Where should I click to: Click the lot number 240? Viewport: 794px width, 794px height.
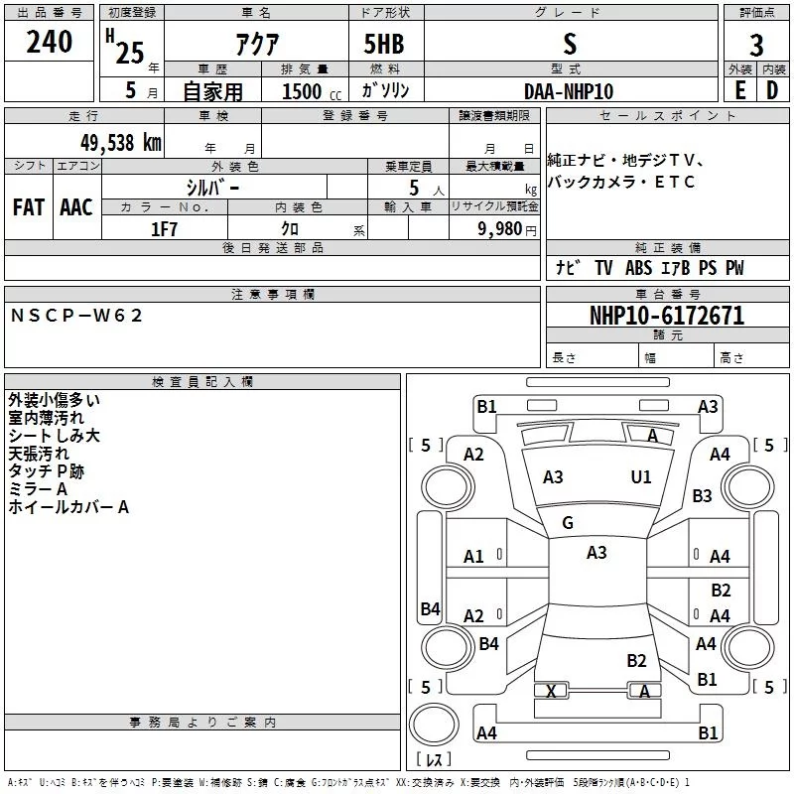pos(49,43)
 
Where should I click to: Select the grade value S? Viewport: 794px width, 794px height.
pos(569,44)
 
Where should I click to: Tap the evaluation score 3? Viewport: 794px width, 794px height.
pos(756,45)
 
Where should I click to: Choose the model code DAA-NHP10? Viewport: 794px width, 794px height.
pos(569,91)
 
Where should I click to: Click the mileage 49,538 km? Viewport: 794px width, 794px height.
pos(114,141)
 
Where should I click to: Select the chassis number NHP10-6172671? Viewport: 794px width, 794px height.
pos(666,316)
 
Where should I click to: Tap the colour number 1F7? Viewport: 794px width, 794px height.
pos(164,229)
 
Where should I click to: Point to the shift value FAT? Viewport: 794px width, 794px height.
pos(28,207)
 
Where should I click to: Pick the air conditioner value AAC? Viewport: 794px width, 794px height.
pos(76,207)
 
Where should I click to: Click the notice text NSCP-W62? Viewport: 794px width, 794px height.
pos(77,316)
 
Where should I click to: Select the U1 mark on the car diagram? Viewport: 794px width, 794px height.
pos(641,477)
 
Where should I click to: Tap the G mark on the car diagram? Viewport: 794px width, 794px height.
pos(568,523)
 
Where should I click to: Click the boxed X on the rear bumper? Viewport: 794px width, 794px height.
pos(552,691)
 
